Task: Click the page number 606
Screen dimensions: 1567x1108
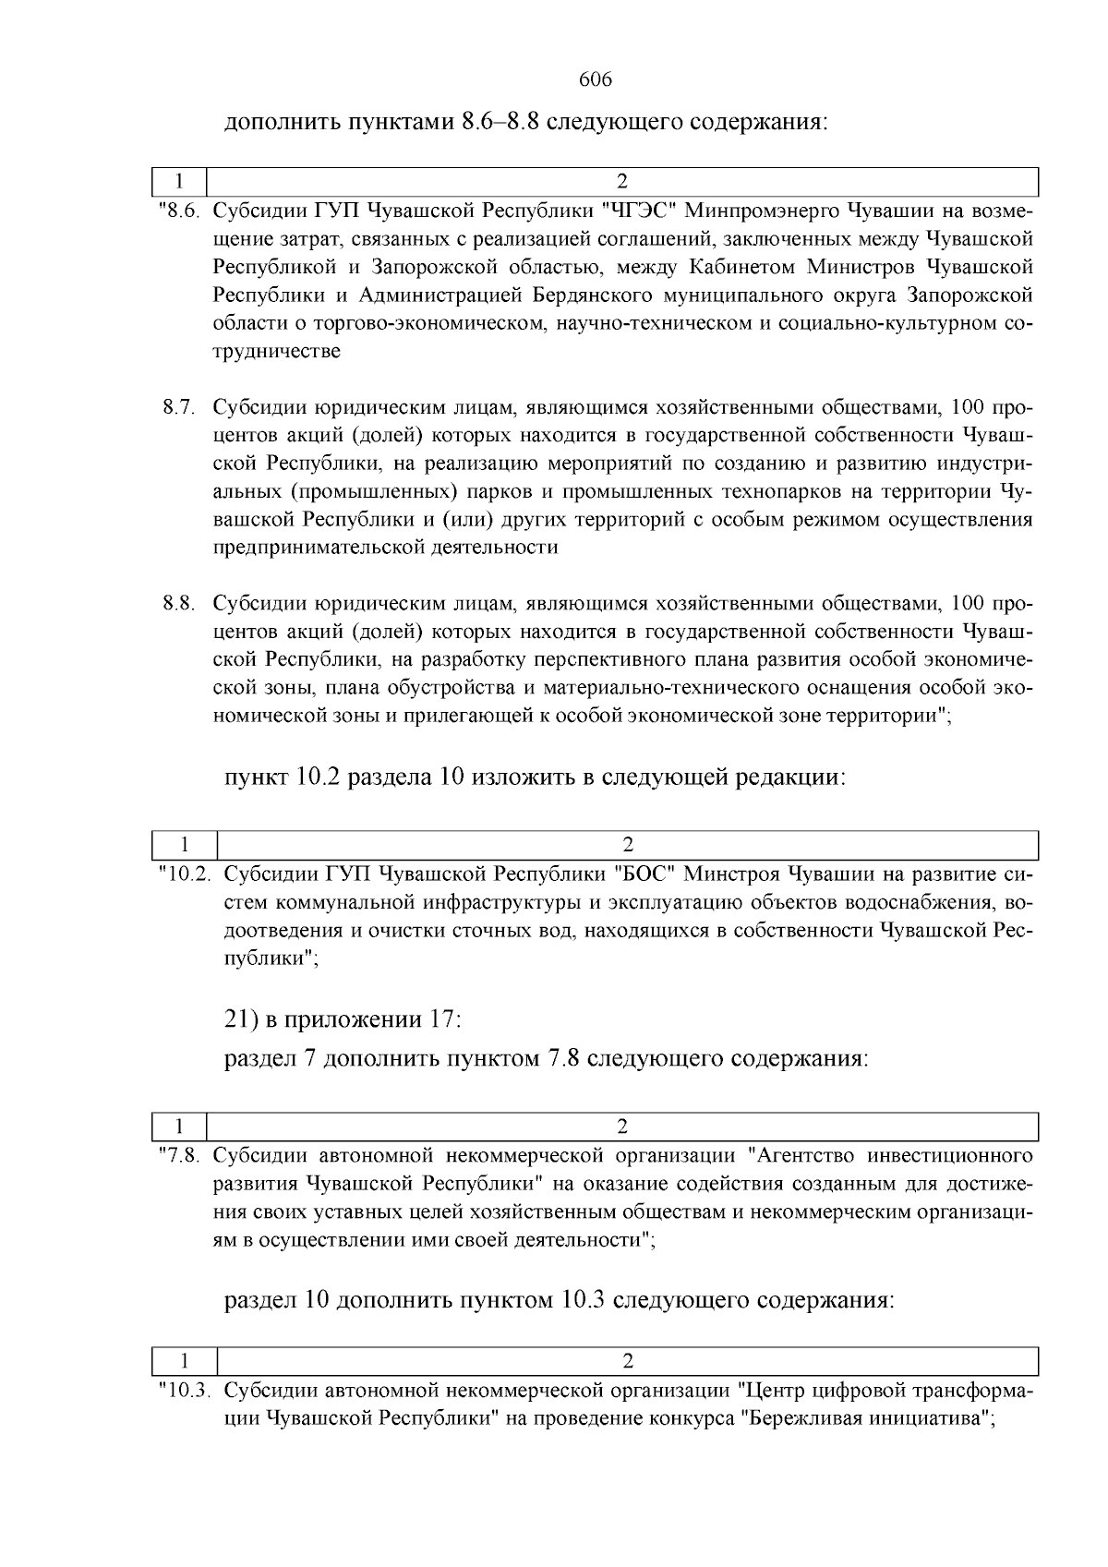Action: tap(596, 79)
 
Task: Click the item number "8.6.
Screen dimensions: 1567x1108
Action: tap(178, 211)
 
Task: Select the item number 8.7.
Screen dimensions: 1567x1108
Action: tap(179, 407)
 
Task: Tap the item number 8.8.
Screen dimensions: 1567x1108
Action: tap(179, 604)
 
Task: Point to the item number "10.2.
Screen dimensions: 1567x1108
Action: tap(185, 874)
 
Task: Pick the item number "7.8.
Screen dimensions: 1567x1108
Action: tap(178, 1155)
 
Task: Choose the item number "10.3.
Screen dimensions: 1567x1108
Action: tap(185, 1390)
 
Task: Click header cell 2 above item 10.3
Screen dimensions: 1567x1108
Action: tap(628, 1361)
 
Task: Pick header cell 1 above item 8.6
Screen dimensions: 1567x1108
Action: tap(178, 181)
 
